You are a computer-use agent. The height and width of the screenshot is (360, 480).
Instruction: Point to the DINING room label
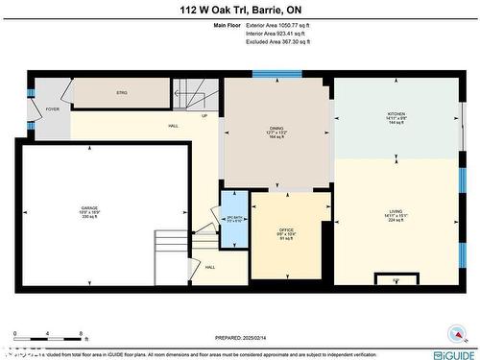[x=278, y=129]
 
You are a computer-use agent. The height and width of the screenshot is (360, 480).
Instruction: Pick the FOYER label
[x=52, y=109]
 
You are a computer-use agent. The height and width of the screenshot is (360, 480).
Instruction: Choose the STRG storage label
[x=122, y=93]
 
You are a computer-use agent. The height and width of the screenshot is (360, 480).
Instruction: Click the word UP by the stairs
[x=204, y=116]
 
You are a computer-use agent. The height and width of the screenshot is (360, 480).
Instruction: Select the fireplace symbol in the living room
[x=396, y=279]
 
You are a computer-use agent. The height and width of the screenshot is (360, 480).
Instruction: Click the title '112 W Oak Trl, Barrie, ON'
[x=239, y=11]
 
